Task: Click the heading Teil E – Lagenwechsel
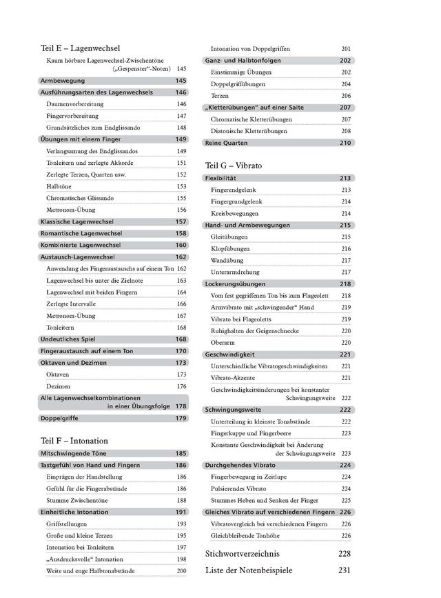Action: point(81,49)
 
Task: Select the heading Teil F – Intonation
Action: point(74,441)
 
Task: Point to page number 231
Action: point(345,570)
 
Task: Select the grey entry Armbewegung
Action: point(63,81)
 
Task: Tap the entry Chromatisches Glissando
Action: point(80,198)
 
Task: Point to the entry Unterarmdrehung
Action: point(234,272)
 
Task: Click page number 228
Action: point(345,555)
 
